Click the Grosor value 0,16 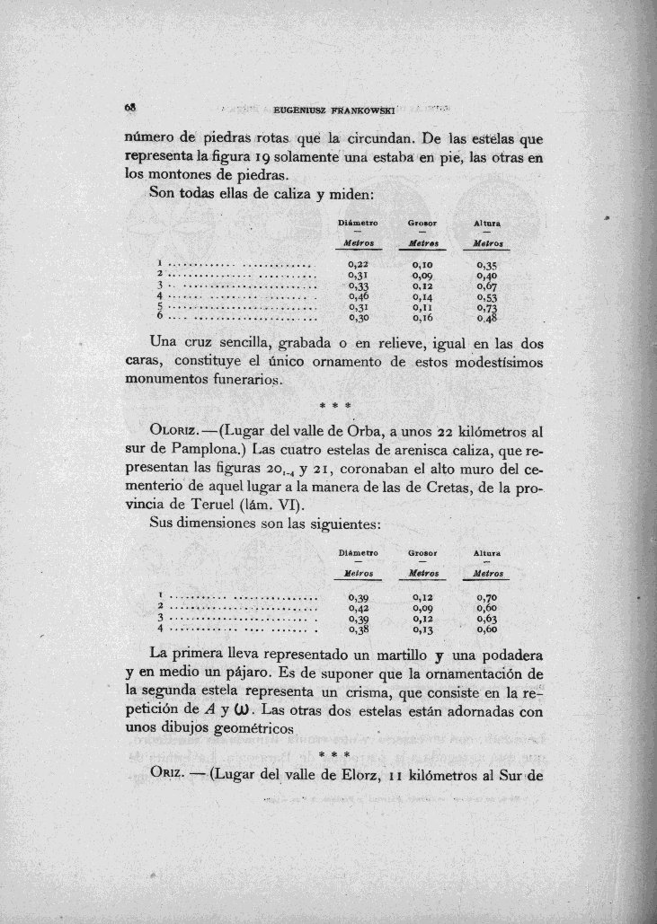point(422,317)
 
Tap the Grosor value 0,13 point(422,629)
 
